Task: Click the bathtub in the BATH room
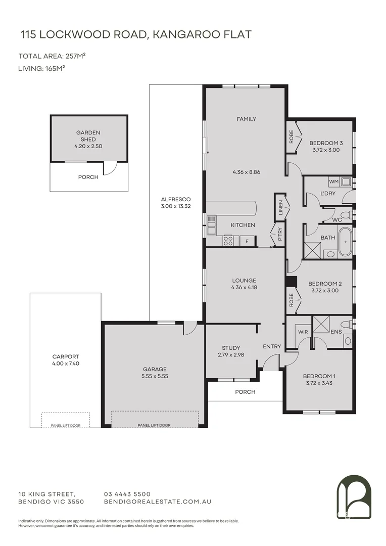[x=345, y=242]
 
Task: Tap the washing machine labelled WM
[x=333, y=181]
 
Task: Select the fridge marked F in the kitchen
[x=247, y=241]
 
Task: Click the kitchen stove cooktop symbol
[x=228, y=241]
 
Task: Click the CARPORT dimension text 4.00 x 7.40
[x=65, y=363]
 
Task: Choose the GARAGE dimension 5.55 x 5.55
[x=155, y=376]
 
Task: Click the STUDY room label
[x=231, y=348]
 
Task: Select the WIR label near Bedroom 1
[x=303, y=332]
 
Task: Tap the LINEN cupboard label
[x=280, y=207]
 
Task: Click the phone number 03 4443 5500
[x=127, y=494]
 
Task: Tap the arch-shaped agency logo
[x=354, y=497]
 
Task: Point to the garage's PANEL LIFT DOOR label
[x=154, y=426]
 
